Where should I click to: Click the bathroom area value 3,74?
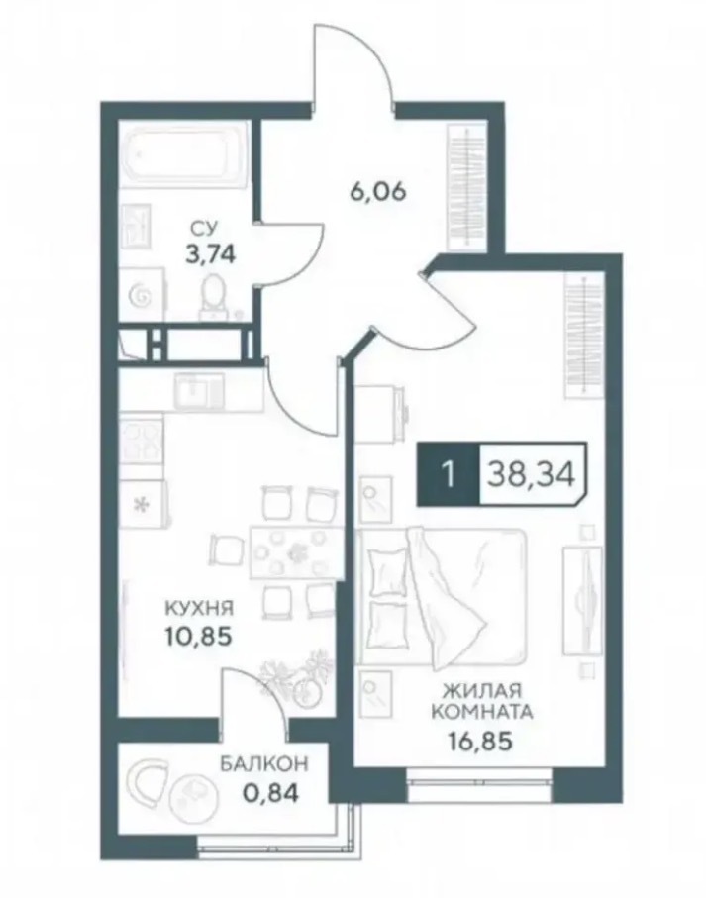point(210,253)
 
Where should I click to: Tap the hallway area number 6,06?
point(378,192)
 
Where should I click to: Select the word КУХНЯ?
point(199,608)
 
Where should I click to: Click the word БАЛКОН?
point(264,763)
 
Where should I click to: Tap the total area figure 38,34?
point(530,474)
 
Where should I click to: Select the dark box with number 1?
point(449,474)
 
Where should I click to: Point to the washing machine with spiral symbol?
point(142,294)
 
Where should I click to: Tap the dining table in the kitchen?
point(292,553)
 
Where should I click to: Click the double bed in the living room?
point(441,596)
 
